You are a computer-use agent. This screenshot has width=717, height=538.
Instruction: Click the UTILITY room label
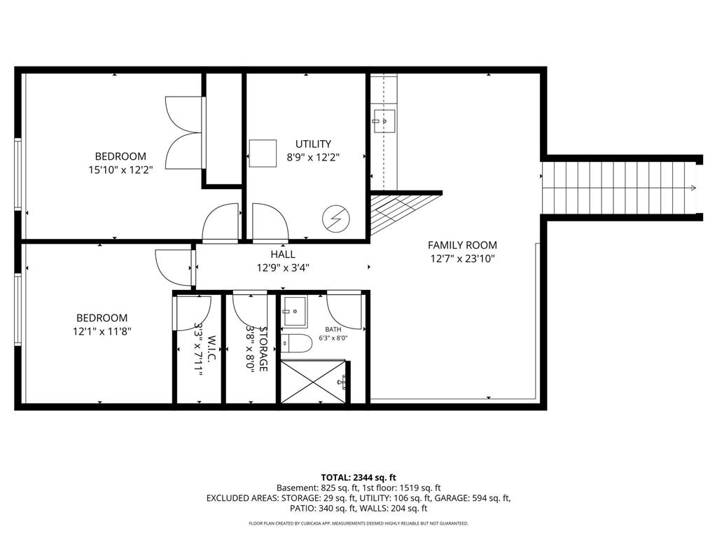pyautogui.click(x=313, y=144)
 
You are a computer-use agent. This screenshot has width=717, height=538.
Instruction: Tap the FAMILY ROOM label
pyautogui.click(x=462, y=245)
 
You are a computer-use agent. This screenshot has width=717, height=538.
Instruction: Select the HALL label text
pyautogui.click(x=283, y=254)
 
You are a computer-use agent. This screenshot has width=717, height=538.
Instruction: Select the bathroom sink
pyautogui.click(x=294, y=310)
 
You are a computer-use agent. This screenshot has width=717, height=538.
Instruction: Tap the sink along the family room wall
pyautogui.click(x=384, y=120)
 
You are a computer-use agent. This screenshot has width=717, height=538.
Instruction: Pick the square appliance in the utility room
pyautogui.click(x=263, y=153)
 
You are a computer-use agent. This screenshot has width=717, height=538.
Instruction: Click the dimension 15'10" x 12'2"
pyautogui.click(x=120, y=169)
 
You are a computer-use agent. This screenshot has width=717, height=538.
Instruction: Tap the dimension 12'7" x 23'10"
pyautogui.click(x=462, y=258)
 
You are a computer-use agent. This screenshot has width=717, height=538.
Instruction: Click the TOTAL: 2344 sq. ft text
pyautogui.click(x=358, y=477)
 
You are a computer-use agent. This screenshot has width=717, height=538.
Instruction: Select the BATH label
pyautogui.click(x=333, y=329)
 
